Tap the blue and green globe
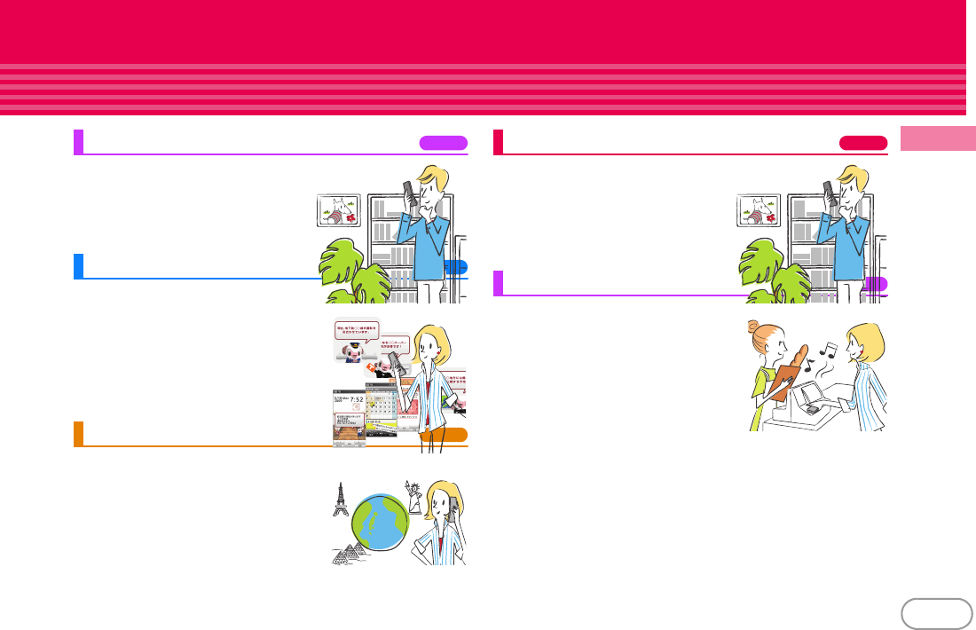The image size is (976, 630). (x=380, y=523)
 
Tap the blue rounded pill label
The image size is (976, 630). (x=456, y=267)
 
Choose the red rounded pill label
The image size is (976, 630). (x=864, y=143)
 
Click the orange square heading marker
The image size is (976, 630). (x=78, y=434)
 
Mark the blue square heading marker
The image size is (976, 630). (x=78, y=266)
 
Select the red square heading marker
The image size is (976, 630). (x=498, y=142)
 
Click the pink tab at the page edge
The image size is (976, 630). (x=938, y=139)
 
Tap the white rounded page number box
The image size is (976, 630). (x=935, y=613)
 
